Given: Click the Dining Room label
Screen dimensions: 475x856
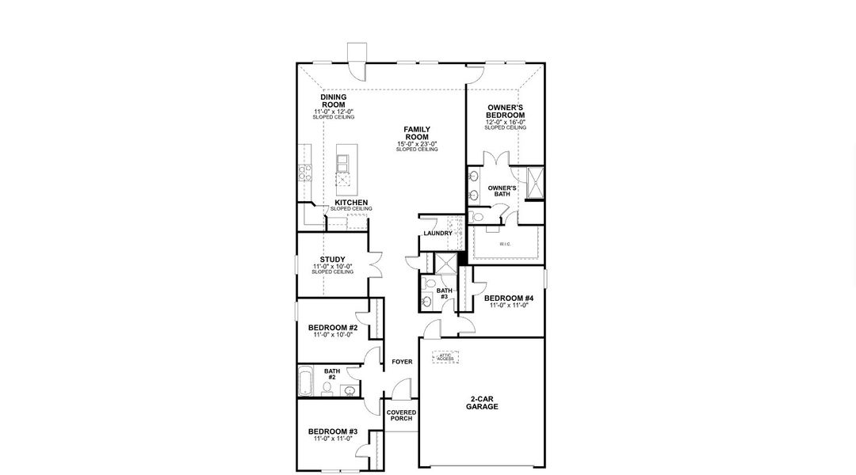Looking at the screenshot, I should [x=333, y=101].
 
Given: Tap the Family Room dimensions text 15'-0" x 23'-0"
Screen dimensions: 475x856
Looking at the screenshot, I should [x=417, y=143].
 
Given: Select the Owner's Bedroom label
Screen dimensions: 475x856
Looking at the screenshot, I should [x=505, y=111].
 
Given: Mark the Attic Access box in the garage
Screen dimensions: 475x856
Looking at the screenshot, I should [x=445, y=357].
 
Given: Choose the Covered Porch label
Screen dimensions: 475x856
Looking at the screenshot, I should [x=401, y=416].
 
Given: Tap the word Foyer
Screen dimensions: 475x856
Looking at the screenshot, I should [x=402, y=362].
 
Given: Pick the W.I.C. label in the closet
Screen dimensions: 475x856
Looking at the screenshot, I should [x=505, y=244].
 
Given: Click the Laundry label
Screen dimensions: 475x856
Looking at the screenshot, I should [x=438, y=234].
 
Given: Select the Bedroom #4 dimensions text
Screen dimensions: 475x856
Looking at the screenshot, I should [x=508, y=305].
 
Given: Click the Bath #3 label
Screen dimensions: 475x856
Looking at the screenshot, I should [x=444, y=294].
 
